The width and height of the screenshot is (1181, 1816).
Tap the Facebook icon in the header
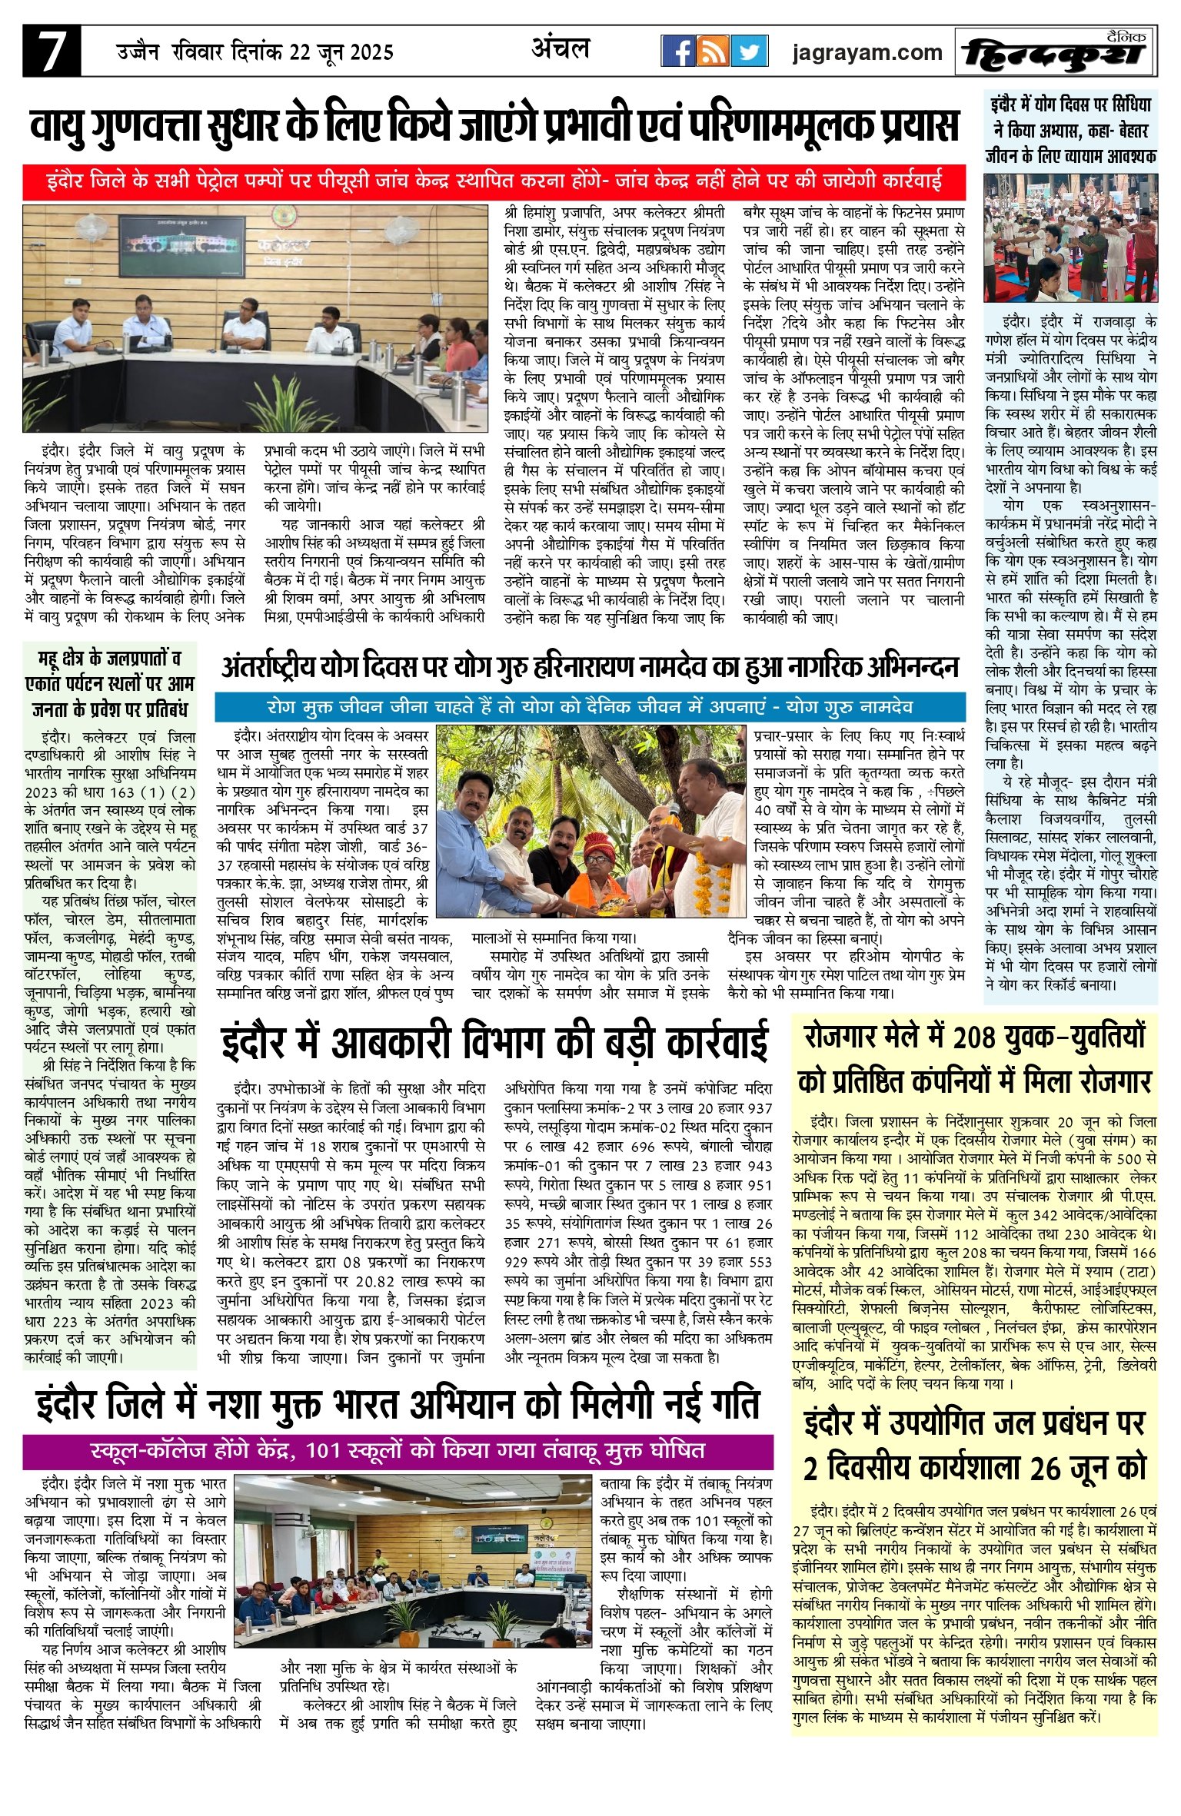coord(678,51)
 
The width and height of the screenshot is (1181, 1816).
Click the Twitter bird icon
coord(748,51)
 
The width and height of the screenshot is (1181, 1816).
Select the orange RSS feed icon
coord(714,51)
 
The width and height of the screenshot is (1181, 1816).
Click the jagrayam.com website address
coord(867,52)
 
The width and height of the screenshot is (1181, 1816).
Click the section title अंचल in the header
coord(561,49)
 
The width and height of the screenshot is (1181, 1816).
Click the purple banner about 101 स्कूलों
coord(398,1451)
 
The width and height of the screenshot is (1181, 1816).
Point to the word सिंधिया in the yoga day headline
coord(1124,105)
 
